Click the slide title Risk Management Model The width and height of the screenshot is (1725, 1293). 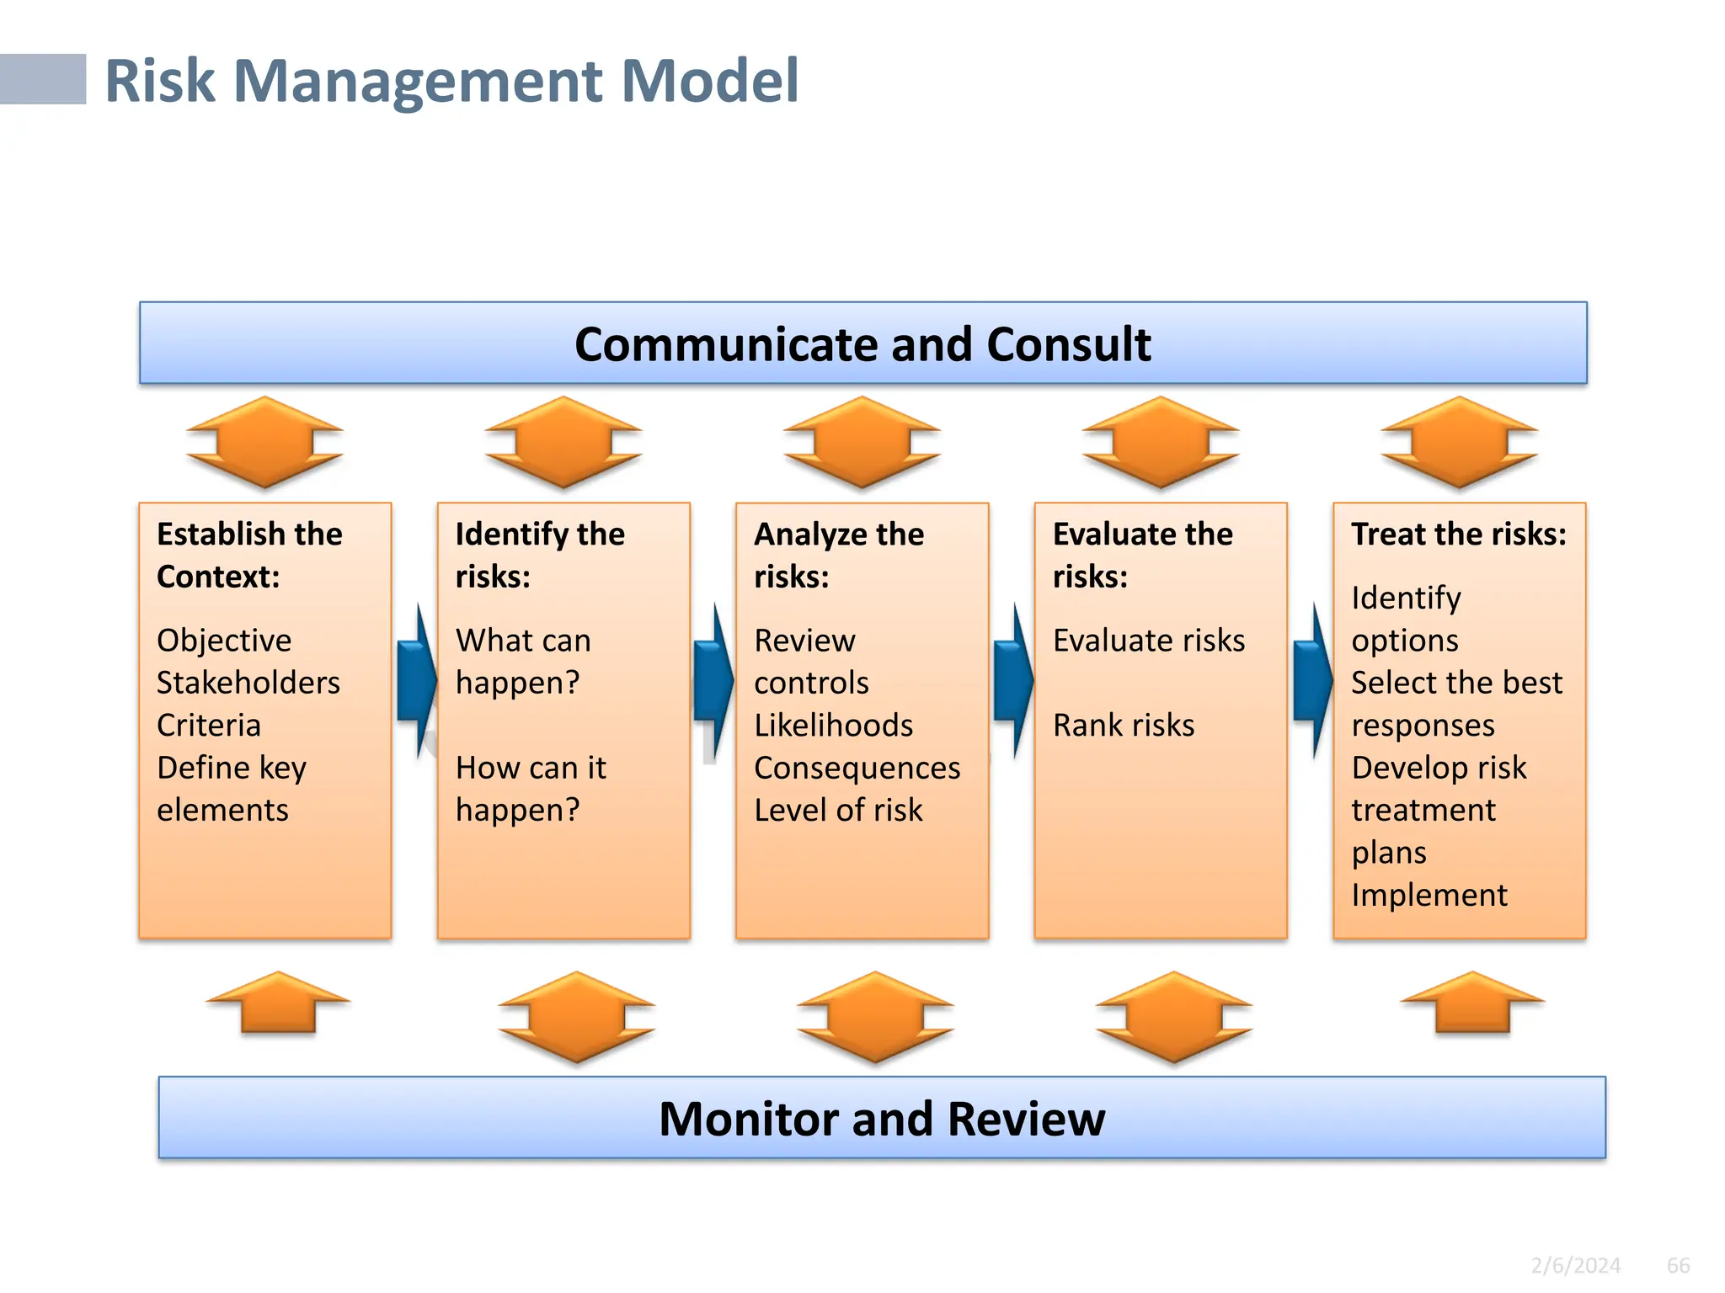click(x=451, y=81)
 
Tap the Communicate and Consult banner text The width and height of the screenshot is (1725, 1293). click(x=862, y=344)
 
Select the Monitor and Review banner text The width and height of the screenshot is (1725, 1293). click(x=881, y=1119)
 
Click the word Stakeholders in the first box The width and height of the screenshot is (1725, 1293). click(x=248, y=683)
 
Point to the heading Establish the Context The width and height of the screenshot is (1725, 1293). click(x=249, y=555)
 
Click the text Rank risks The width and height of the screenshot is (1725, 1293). click(x=1124, y=725)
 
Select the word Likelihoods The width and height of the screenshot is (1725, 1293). click(x=833, y=725)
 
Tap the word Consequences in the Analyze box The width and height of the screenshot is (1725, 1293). click(x=857, y=768)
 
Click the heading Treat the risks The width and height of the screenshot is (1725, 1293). click(x=1458, y=535)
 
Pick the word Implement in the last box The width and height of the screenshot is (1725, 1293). click(x=1429, y=895)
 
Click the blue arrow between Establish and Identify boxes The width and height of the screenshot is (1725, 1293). click(x=416, y=680)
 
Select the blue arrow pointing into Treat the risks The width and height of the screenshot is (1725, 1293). click(x=1312, y=680)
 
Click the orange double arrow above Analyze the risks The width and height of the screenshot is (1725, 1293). click(x=862, y=442)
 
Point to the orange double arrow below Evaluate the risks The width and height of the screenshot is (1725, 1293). click(x=1173, y=1017)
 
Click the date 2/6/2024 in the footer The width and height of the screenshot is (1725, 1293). click(x=1575, y=1265)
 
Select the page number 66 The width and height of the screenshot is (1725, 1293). click(x=1678, y=1265)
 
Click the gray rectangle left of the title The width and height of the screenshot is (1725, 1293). click(x=42, y=79)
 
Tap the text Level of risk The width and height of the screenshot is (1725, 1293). click(x=838, y=810)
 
